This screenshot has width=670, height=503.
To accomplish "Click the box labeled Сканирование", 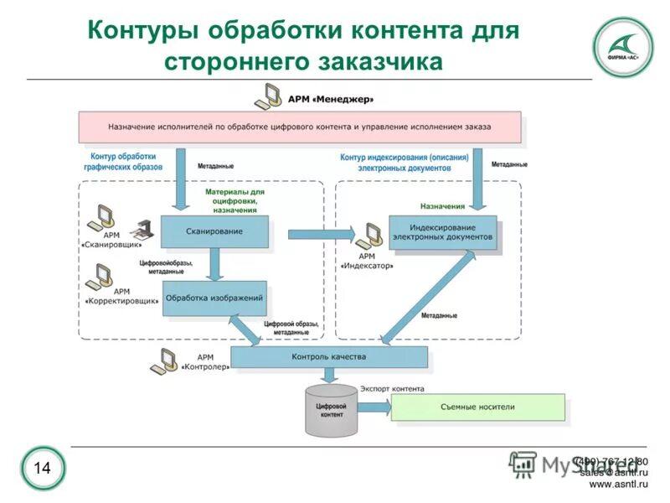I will pos(214,232).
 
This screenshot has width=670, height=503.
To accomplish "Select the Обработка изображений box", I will pos(214,298).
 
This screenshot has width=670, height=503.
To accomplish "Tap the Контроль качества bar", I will pos(328,357).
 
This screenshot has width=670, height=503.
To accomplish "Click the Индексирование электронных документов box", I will pos(442,232).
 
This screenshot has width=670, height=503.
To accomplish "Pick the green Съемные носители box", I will pos(477,407).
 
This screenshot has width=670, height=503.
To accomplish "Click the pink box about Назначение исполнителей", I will pos(299,127).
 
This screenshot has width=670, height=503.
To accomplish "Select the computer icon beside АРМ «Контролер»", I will pos(163,360).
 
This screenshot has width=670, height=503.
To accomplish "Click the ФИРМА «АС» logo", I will pos(622,47).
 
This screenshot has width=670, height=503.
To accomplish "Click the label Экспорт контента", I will pos(392,389).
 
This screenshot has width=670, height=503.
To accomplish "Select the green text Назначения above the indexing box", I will pos(442,205).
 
